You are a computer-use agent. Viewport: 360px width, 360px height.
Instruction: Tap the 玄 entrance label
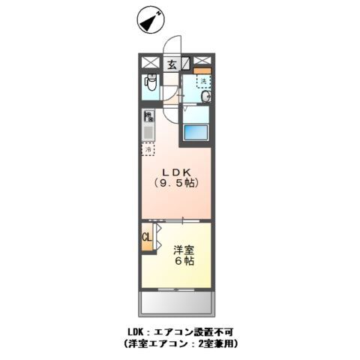coord(172,64)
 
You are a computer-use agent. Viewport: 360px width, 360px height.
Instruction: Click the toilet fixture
coord(149,85)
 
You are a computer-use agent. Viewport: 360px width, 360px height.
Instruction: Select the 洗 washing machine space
coord(202,82)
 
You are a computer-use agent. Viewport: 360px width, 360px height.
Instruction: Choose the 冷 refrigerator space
coord(148,148)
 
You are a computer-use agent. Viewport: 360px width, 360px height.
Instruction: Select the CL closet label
coord(147,239)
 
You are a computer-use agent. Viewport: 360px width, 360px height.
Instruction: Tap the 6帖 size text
coord(184,262)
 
